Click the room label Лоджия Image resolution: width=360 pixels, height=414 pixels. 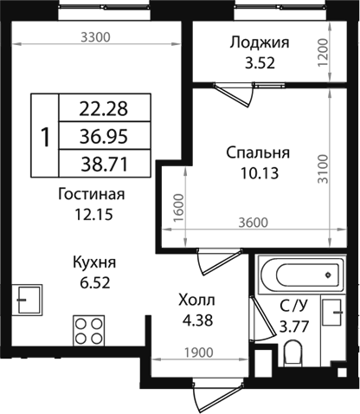[259, 42]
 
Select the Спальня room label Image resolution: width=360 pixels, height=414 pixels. [258, 152]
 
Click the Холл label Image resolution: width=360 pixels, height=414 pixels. [196, 301]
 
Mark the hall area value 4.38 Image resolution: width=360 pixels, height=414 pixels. [196, 320]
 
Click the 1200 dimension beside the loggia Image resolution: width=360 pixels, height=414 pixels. [323, 55]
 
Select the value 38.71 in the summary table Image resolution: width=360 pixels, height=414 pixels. [103, 161]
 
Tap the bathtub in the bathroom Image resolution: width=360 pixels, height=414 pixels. [300, 276]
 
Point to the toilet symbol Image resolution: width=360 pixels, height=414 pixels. [292, 353]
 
